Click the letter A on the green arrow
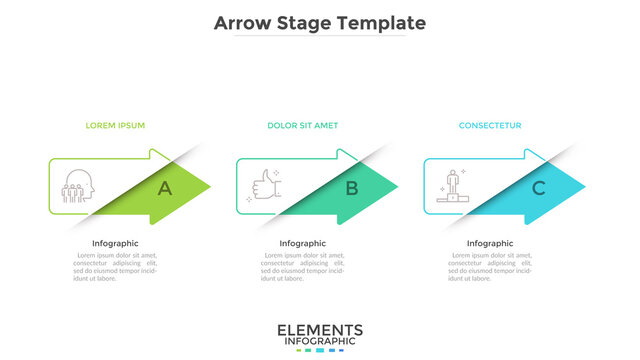point(164,187)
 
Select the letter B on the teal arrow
point(351,187)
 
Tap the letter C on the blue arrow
point(538,187)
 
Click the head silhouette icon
point(76,187)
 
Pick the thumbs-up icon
point(265,186)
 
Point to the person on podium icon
point(451,186)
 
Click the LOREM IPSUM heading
point(115,126)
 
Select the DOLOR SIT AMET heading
point(302,126)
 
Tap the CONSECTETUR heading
point(490,126)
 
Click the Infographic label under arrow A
point(115,243)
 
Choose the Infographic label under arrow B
point(302,243)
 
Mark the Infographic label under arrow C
point(490,243)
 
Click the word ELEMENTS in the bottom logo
point(320,331)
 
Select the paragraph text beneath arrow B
point(302,266)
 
